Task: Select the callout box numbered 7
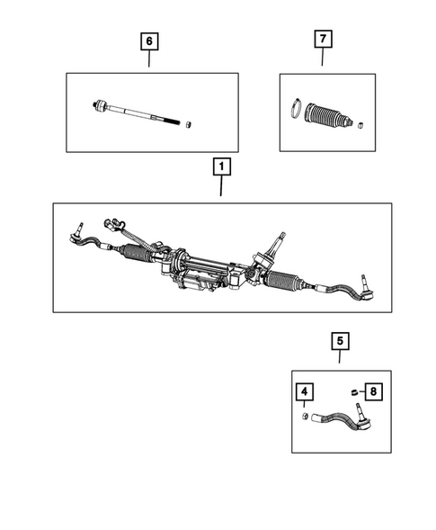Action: point(322,41)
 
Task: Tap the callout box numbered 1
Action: point(220,167)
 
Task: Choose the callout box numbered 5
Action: point(340,341)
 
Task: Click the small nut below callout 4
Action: point(307,417)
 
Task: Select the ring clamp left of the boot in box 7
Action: point(294,112)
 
